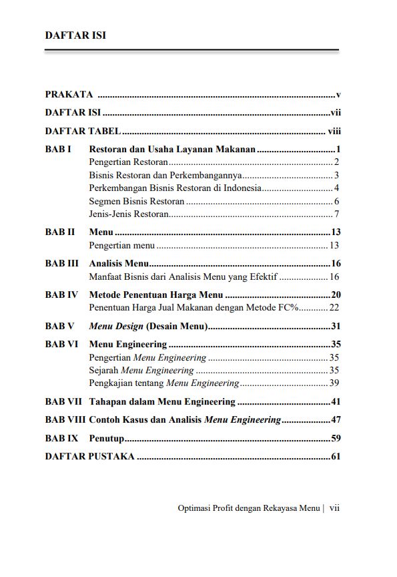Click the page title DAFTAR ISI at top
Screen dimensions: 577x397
click(x=75, y=35)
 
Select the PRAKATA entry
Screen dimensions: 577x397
click(x=69, y=95)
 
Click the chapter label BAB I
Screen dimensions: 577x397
click(x=58, y=150)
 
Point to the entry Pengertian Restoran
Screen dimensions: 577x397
click(x=128, y=162)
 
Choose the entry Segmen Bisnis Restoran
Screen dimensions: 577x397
click(x=136, y=201)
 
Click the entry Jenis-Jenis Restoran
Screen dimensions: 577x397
click(x=128, y=214)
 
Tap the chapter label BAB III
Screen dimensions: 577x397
click(x=62, y=263)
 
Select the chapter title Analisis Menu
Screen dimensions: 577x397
click(x=118, y=263)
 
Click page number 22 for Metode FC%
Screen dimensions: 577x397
click(x=334, y=307)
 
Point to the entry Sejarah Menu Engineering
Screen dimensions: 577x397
click(x=141, y=370)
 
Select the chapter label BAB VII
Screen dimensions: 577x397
click(x=64, y=402)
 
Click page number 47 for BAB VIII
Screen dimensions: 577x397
click(x=336, y=420)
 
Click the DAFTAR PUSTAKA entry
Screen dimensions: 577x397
click(x=89, y=457)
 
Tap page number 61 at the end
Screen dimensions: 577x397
click(x=336, y=457)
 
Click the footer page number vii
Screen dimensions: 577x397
click(x=334, y=508)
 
